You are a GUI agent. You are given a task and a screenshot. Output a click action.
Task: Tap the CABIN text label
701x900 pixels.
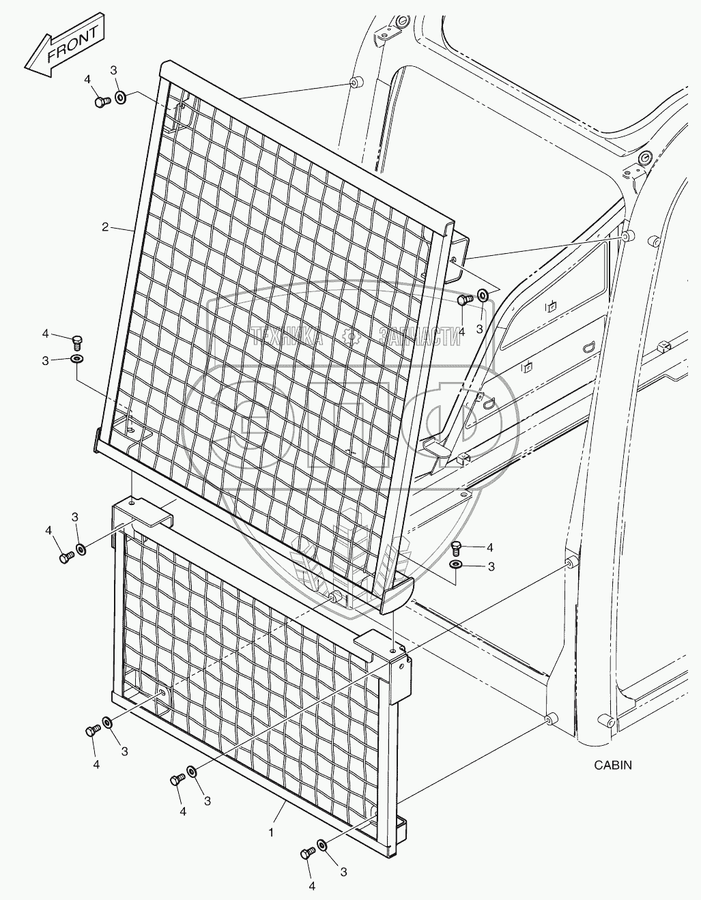612,765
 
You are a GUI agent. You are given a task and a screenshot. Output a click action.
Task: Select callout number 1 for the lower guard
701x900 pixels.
271,832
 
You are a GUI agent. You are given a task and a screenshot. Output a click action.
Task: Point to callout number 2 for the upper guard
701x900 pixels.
105,227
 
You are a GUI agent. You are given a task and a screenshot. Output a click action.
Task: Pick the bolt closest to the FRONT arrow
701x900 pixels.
102,102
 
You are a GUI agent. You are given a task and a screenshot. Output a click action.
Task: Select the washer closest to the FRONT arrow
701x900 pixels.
121,98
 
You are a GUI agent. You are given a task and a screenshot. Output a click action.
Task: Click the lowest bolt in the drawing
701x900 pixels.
306,853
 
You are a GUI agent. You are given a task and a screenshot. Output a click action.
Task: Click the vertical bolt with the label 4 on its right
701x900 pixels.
457,545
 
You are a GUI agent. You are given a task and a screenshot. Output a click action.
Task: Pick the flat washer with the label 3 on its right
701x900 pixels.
455,565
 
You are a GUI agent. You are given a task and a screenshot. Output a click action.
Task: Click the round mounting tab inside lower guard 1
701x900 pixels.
162,694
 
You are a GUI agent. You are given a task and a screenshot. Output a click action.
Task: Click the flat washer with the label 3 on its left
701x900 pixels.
75,359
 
